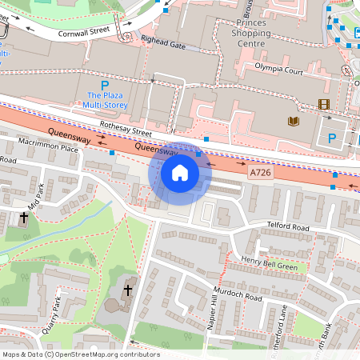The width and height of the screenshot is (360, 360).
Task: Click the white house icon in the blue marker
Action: click(180, 173)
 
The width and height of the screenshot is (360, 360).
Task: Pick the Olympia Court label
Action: click(279, 70)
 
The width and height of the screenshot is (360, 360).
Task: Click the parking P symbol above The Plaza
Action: click(104, 85)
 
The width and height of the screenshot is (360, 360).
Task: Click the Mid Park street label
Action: click(34, 198)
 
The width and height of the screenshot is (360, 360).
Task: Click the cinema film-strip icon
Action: click(323, 104)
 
